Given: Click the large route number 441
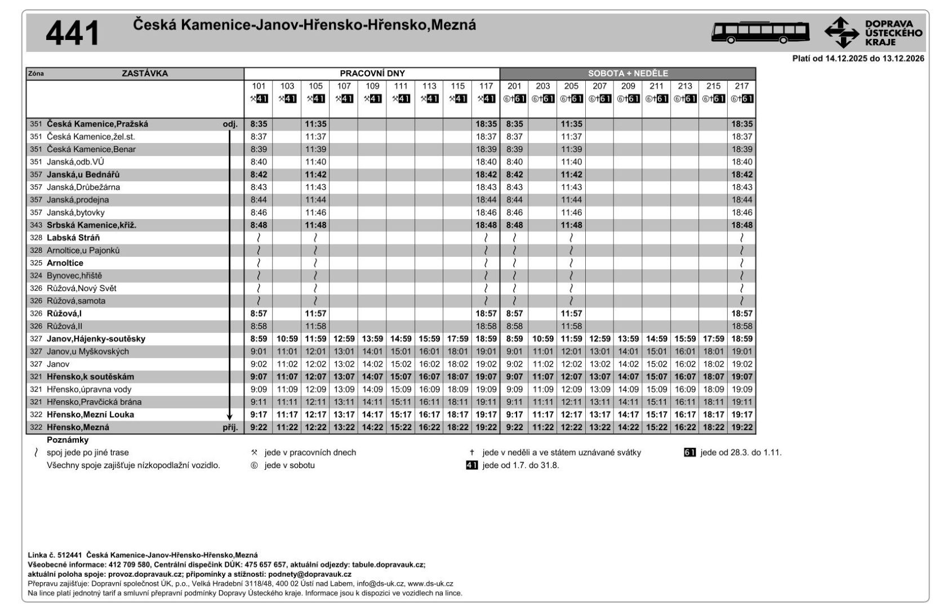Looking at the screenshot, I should click(72, 33).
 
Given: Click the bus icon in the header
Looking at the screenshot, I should click(760, 32).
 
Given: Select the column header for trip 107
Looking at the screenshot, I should click(344, 86).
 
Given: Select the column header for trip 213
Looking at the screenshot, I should click(684, 86).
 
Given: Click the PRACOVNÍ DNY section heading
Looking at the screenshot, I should click(372, 73).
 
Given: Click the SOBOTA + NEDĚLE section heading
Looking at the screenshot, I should click(627, 73).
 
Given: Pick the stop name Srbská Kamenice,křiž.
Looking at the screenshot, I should click(91, 225).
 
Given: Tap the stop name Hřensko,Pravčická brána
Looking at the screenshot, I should click(94, 402).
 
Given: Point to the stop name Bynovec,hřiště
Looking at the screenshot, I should click(74, 275).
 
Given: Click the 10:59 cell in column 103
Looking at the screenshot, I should click(287, 339).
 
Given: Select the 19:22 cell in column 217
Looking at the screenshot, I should click(741, 427).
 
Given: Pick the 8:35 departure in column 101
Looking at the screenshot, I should click(259, 124).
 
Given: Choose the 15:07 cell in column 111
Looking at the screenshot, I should click(400, 377).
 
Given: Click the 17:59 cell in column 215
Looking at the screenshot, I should click(713, 339).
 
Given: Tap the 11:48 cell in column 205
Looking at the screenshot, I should click(571, 225).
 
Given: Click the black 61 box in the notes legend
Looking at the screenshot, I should click(689, 452).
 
